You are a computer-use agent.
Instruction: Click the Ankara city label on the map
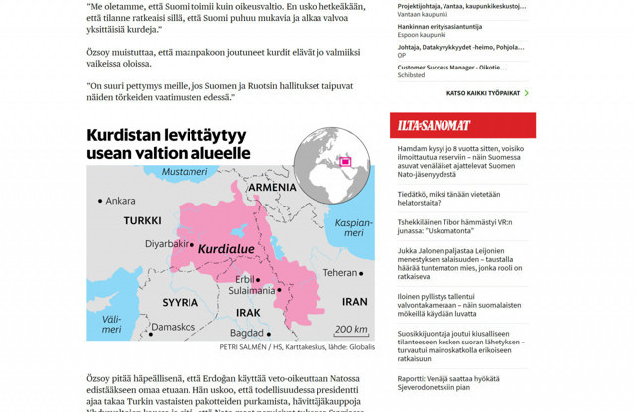click(119, 201)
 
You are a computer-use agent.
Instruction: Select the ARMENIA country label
click(272, 187)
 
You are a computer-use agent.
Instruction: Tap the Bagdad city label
click(246, 332)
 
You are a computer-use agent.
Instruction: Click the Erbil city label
click(244, 279)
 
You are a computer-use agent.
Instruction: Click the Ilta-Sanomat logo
click(435, 125)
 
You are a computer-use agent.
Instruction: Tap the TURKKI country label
click(144, 220)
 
